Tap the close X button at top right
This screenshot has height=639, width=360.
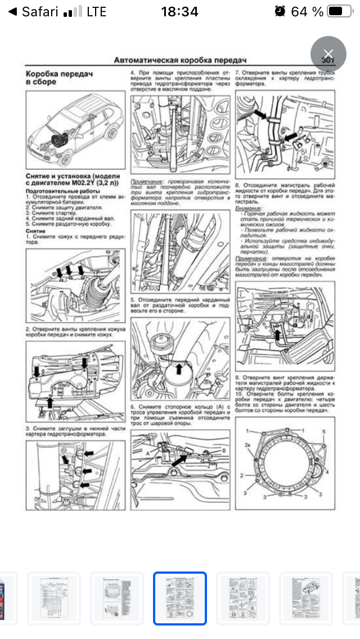click(328, 53)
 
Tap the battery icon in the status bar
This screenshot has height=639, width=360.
click(338, 12)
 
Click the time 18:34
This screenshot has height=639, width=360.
click(179, 12)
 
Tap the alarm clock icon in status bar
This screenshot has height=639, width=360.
click(280, 12)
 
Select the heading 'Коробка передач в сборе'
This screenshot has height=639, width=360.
click(58, 78)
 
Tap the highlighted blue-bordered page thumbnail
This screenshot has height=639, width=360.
click(180, 598)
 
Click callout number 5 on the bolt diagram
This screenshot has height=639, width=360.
click(323, 431)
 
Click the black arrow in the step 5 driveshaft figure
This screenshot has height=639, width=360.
click(179, 369)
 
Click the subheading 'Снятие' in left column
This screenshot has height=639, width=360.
click(35, 231)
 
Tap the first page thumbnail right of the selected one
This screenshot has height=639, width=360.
click(243, 598)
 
